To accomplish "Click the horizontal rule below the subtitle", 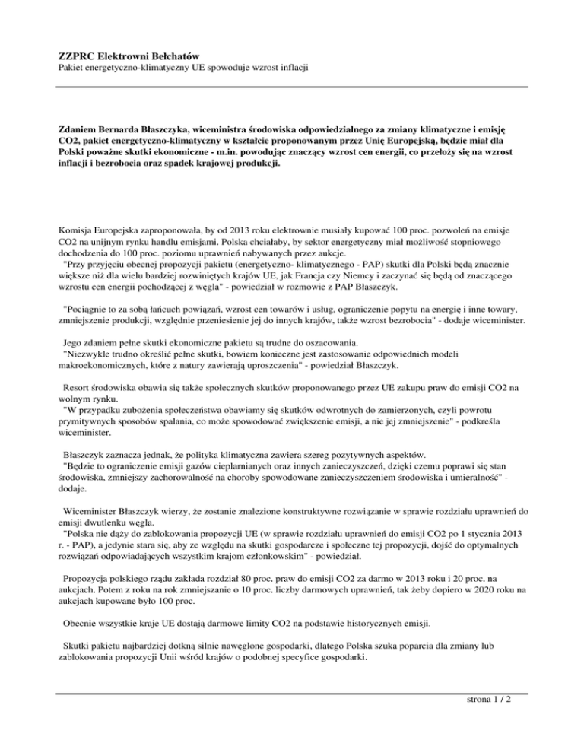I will (x=292, y=87).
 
